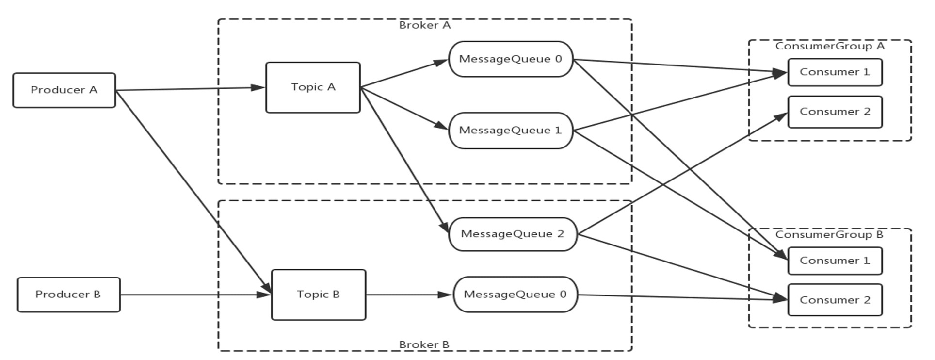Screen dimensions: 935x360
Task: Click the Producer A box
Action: click(64, 90)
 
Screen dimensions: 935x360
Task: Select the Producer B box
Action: click(69, 295)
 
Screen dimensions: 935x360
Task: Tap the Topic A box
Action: click(313, 87)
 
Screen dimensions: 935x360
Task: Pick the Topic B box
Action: click(319, 295)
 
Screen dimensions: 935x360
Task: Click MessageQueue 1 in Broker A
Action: click(511, 131)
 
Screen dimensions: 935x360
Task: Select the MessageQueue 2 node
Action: click(513, 234)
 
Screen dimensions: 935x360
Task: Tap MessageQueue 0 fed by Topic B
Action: click(516, 295)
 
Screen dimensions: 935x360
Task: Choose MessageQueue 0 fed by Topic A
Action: click(511, 59)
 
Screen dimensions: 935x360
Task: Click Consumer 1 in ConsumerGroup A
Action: click(835, 72)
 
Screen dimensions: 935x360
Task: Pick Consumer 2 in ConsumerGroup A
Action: click(835, 112)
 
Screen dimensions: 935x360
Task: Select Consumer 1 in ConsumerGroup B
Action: click(835, 261)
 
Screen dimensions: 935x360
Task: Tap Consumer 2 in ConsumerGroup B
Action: click(835, 300)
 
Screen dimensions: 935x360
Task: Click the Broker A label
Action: click(425, 25)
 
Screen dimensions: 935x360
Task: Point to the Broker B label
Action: click(424, 345)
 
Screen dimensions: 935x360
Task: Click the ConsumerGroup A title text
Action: click(830, 46)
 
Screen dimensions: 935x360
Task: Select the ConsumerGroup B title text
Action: click(829, 235)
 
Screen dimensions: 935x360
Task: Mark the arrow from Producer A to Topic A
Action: click(191, 89)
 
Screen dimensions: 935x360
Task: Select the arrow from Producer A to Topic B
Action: click(193, 192)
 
